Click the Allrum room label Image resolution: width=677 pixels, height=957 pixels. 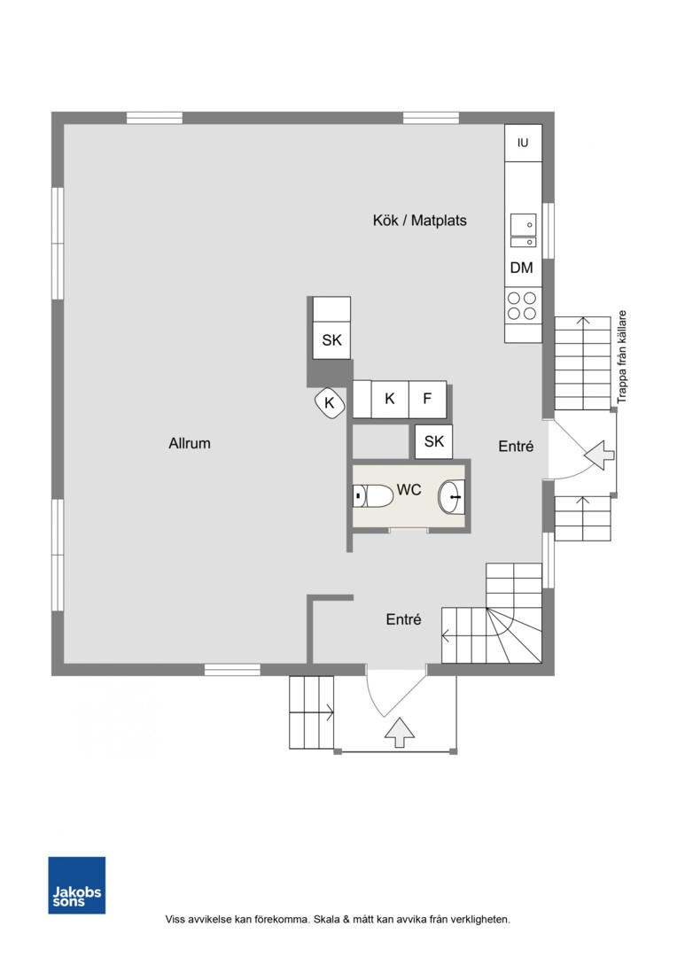pos(190,443)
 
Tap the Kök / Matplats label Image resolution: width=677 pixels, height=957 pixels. pos(419,221)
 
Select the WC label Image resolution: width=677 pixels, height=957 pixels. pos(409,489)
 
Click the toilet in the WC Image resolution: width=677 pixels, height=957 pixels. pos(373,496)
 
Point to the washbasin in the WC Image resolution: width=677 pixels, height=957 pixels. pos(451,497)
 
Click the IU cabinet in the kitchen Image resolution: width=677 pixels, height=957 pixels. pos(523,143)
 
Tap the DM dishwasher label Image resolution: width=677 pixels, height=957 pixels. pos(521,268)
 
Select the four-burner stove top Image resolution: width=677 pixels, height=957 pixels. pos(522,306)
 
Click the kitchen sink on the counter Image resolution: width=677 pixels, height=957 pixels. pos(523,230)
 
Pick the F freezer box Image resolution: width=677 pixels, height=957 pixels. pos(427,399)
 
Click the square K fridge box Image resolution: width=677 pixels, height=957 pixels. pos(390,399)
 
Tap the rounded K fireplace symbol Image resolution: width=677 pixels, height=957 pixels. pos(330,403)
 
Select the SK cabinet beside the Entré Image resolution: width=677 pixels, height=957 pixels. pos(434,441)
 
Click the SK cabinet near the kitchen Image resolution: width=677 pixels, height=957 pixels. pos(331,340)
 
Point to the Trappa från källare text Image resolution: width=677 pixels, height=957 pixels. pos(622,357)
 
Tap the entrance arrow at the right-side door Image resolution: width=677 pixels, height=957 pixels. pos(600,455)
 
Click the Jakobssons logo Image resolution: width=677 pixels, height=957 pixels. pos(77,885)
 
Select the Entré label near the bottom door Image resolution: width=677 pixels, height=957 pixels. pos(403,619)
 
